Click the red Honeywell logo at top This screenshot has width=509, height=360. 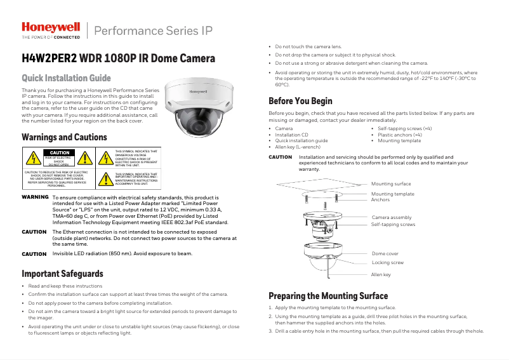click(51, 27)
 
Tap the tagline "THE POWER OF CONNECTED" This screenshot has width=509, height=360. click(51, 37)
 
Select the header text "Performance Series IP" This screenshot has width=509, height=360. click(153, 31)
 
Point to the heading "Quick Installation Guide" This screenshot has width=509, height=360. click(66, 79)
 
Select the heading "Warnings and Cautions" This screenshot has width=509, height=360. click(64, 137)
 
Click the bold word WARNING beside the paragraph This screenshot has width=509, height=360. click(35, 197)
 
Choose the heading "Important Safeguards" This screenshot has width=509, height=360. click(62, 274)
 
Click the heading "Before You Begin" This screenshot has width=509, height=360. click(300, 101)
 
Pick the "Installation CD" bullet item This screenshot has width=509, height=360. click(291, 135)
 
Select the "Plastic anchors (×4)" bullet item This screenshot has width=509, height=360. click(400, 135)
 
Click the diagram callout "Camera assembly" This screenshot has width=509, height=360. click(391, 217)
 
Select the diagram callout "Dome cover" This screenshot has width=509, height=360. click(385, 253)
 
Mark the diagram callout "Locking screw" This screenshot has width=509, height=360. click(387, 262)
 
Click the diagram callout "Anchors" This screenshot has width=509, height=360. click(381, 200)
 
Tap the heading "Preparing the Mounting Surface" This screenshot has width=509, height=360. click(327, 296)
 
